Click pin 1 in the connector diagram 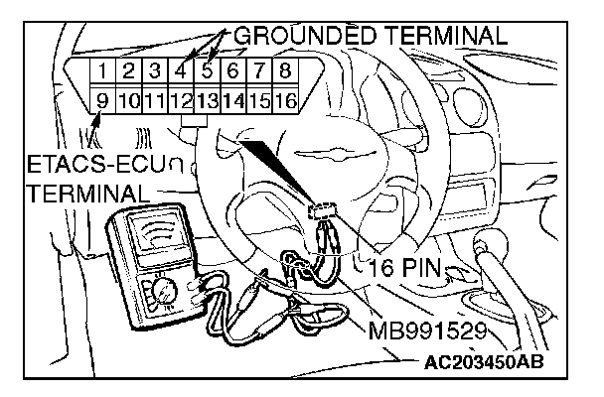[x=102, y=71]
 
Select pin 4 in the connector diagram [x=180, y=71]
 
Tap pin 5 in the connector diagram [x=206, y=71]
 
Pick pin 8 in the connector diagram [x=284, y=71]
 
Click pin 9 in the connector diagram [x=102, y=99]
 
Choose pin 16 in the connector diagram [x=284, y=99]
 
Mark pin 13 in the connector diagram [x=206, y=99]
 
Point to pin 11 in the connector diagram [x=154, y=99]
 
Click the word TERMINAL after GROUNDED [x=443, y=36]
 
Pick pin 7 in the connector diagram [x=258, y=71]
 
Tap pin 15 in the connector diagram [x=258, y=99]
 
